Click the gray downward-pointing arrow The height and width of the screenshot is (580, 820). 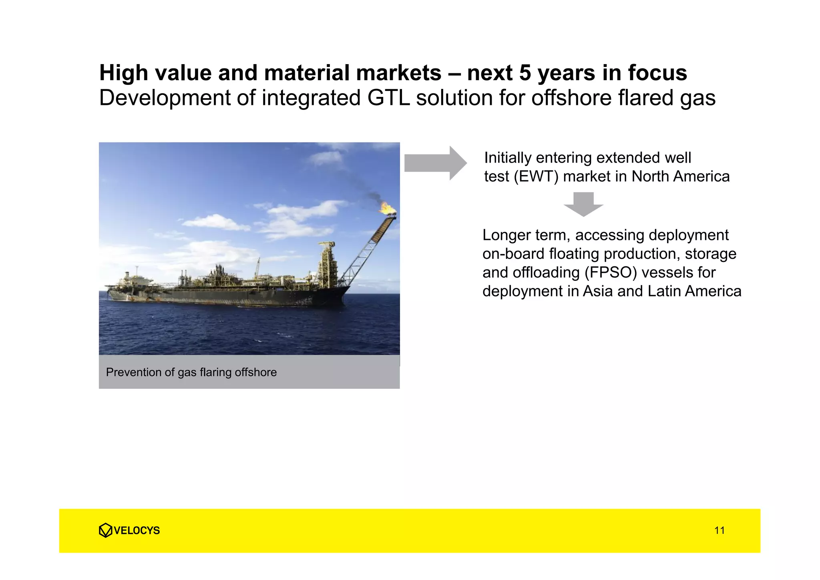coord(583,204)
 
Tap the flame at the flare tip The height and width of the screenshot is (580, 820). coord(386,208)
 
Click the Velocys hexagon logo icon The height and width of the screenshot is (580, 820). coord(105,530)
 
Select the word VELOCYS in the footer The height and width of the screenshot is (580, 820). coord(137,530)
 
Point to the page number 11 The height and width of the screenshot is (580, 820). coord(719,530)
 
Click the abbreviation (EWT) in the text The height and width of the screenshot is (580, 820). coord(536,177)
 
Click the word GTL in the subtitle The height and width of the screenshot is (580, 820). coord(388,98)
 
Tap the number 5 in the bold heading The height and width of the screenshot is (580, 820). coord(525,73)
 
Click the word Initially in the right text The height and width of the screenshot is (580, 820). coord(507,158)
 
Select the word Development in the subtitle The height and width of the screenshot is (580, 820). coord(165,98)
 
